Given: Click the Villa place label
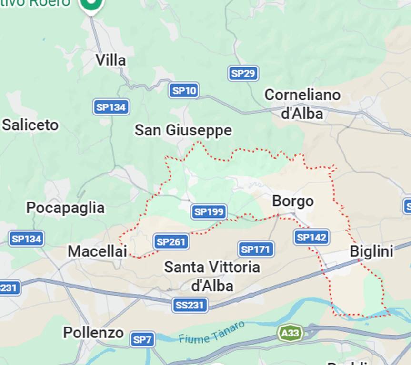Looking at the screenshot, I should tap(110, 60).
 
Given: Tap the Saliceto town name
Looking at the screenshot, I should tap(30, 125).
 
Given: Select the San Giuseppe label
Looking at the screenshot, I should tap(183, 130).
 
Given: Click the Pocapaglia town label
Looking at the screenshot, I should tap(65, 208).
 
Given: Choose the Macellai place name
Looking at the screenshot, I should tap(97, 251).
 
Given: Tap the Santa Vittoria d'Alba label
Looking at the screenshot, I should tap(212, 276).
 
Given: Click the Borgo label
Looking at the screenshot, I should tap(293, 201).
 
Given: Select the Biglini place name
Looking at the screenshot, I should tap(371, 251).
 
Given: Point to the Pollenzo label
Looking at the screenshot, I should tap(93, 333).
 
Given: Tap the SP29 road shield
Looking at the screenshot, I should tap(243, 73).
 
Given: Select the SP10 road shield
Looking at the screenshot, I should tap(183, 90).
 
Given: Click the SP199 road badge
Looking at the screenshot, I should tap(209, 211).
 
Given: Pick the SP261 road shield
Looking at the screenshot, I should tap(171, 242).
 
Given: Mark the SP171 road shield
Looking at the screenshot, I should tap(255, 249).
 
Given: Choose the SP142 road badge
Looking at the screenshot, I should tap(311, 237).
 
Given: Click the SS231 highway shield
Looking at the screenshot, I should tap(190, 305).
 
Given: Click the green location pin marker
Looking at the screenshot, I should tap(91, 5).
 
